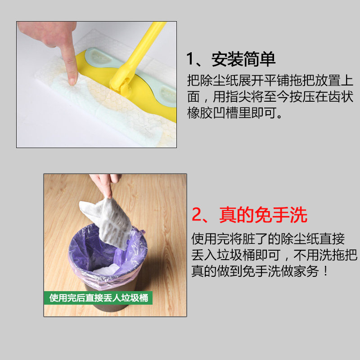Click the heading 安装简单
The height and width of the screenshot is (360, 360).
[x=243, y=59]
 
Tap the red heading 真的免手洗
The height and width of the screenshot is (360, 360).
[x=263, y=215]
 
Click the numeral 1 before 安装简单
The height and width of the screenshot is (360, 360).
[x=190, y=59]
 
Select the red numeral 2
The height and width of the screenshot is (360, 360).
[x=197, y=215]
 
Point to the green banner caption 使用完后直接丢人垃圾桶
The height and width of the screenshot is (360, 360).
[x=99, y=298]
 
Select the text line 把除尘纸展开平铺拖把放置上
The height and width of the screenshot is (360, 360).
[x=270, y=81]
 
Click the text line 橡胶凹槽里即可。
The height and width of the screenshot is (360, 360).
[x=234, y=113]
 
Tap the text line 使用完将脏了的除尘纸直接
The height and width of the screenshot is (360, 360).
[x=268, y=239]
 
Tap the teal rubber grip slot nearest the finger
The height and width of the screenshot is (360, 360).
[x=99, y=58]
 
